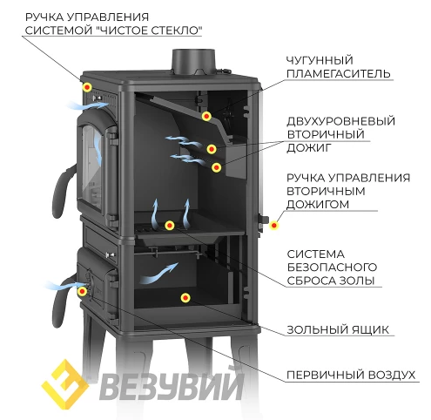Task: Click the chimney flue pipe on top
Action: (193, 62)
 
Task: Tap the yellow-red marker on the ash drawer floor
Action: (185, 298)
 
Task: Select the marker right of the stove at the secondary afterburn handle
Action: (273, 225)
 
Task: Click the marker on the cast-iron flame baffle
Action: (206, 117)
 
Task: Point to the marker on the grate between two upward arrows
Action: (170, 225)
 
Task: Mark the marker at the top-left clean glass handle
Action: (87, 87)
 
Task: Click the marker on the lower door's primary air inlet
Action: (83, 291)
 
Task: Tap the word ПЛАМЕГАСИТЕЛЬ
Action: (339, 74)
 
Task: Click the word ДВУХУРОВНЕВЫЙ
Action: (341, 121)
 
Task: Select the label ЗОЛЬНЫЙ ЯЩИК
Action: (338, 330)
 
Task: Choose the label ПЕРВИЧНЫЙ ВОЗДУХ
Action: (351, 375)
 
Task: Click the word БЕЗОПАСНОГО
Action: (332, 268)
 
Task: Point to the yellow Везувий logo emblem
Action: (65, 384)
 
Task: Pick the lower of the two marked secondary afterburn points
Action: (216, 167)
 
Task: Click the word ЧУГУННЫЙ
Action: (320, 60)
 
